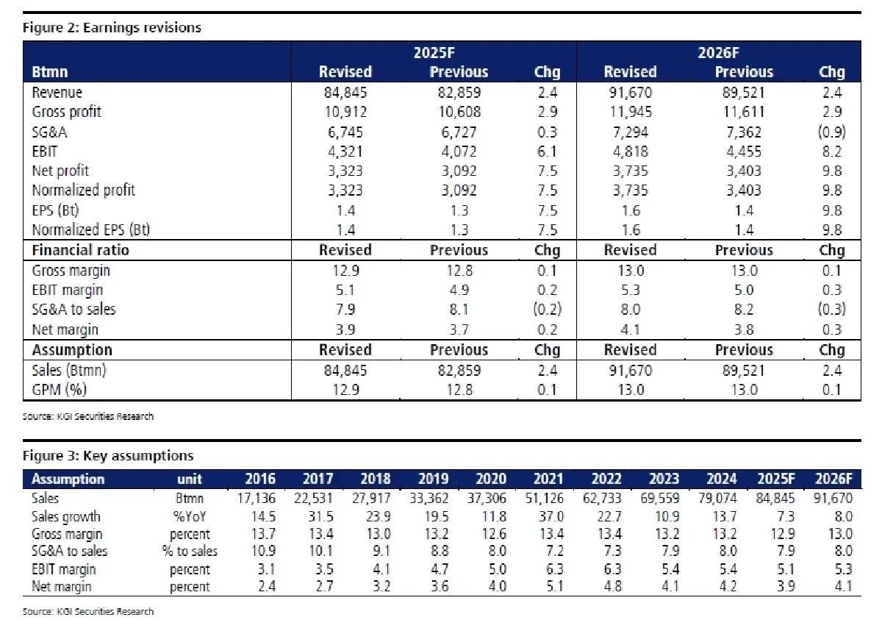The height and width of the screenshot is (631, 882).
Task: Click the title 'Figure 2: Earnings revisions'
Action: [x=112, y=29]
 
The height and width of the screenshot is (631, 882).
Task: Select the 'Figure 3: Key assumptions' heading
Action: [x=108, y=456]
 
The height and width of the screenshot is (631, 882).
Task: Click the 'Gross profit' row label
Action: [x=67, y=112]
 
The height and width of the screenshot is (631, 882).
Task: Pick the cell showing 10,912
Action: [x=345, y=112]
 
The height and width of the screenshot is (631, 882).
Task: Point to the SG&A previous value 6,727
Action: [x=459, y=132]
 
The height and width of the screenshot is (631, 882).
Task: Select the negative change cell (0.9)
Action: [x=831, y=132]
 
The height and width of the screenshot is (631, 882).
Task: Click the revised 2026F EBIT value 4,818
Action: [x=629, y=151]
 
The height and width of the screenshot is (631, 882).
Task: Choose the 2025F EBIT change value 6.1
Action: [x=547, y=151]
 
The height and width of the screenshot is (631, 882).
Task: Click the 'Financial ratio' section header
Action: [x=82, y=250]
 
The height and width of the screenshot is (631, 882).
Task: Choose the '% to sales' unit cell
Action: [x=190, y=552]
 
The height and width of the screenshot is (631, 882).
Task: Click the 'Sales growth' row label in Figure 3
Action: [x=66, y=516]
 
